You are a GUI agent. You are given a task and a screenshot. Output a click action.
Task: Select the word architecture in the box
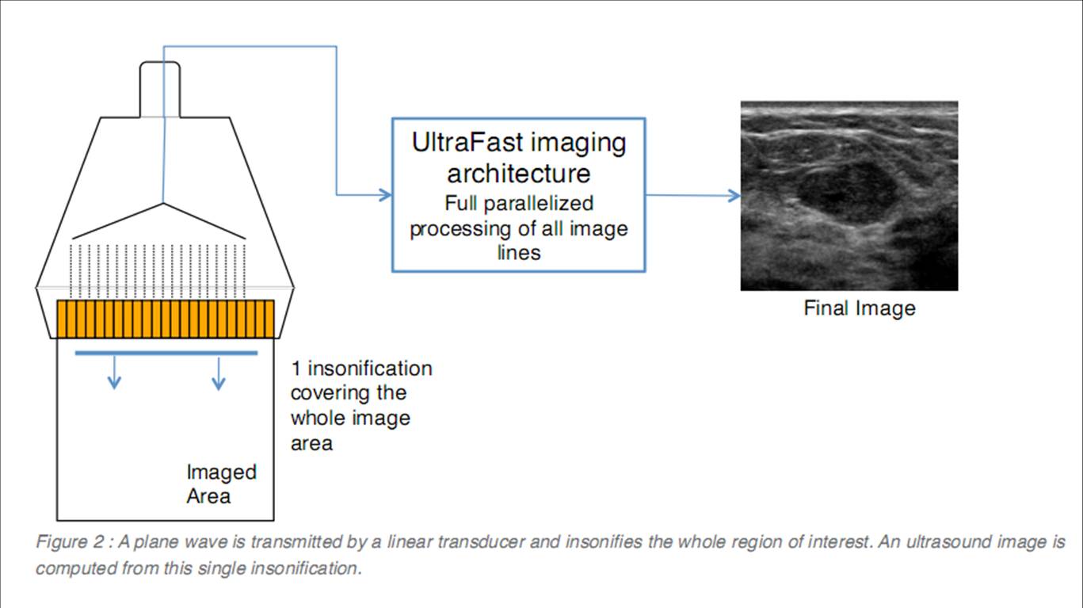click(x=518, y=172)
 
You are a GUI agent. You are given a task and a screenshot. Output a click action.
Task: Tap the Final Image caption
click(x=860, y=308)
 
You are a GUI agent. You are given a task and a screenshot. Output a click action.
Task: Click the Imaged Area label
click(x=221, y=484)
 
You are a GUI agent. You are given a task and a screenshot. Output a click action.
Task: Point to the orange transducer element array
click(x=166, y=318)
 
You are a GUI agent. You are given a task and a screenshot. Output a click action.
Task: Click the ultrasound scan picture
click(x=849, y=195)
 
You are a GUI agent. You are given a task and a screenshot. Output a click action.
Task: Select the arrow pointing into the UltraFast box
click(x=383, y=194)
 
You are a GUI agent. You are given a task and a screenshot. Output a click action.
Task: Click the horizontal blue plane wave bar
click(x=166, y=353)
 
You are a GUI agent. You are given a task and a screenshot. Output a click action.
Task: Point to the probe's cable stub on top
click(x=160, y=87)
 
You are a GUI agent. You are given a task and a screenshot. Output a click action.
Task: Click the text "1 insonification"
click(x=361, y=369)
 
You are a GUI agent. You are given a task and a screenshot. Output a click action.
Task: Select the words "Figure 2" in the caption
click(x=70, y=543)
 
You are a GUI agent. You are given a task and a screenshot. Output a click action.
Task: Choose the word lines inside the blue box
click(x=519, y=253)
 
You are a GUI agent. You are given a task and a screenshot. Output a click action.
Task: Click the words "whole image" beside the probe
click(x=350, y=418)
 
